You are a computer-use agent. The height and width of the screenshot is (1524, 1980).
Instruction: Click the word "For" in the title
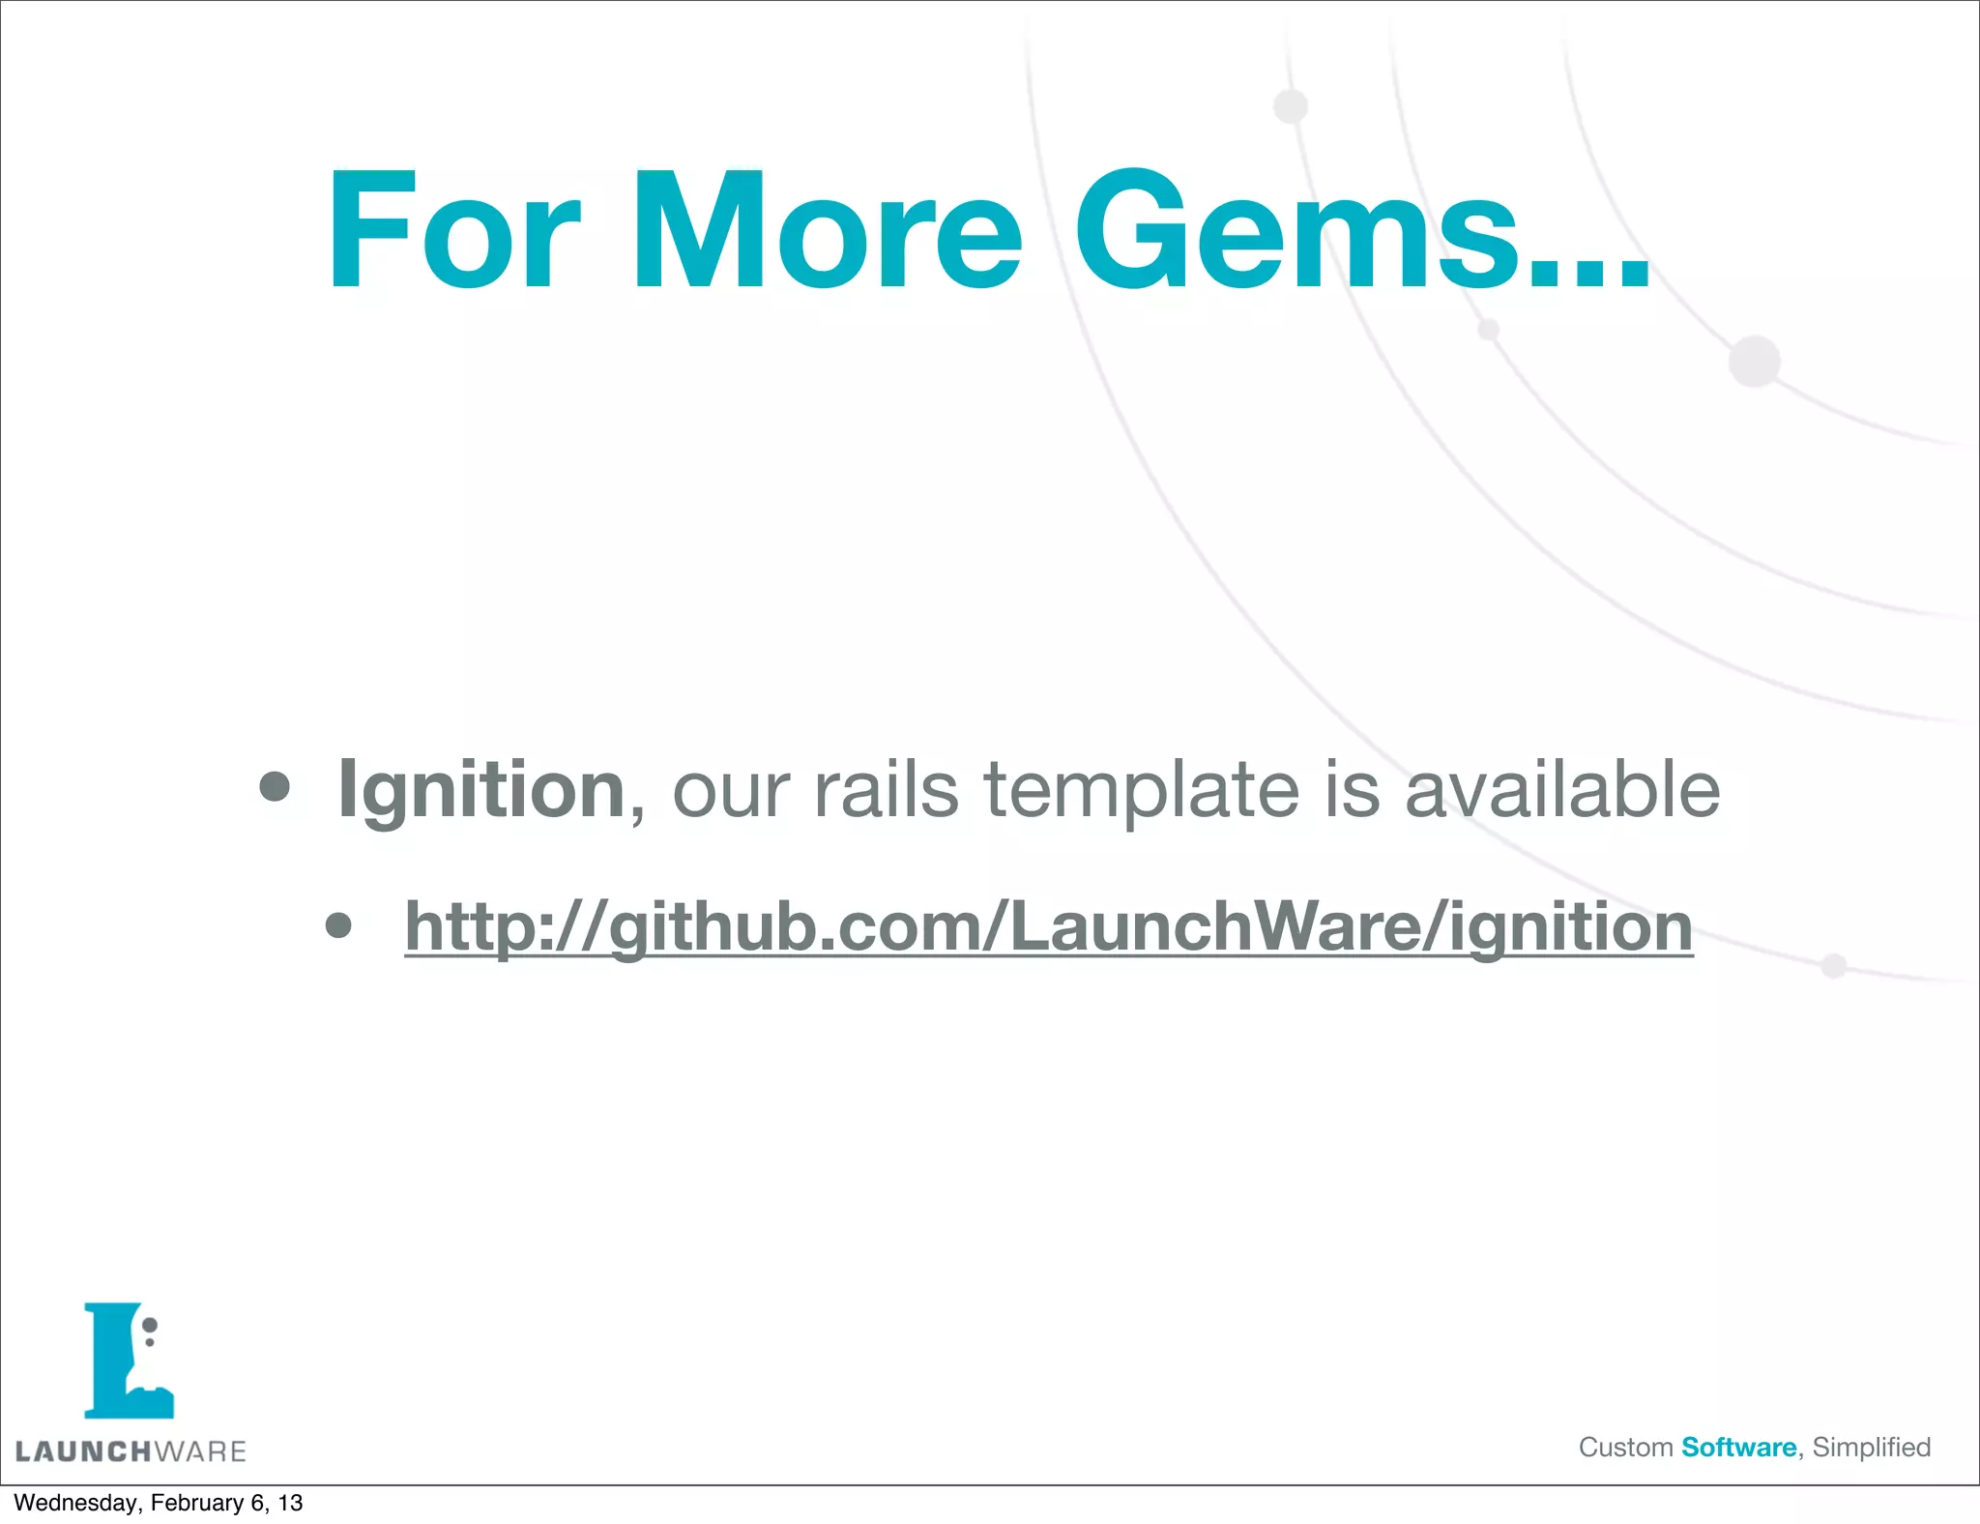pos(453,232)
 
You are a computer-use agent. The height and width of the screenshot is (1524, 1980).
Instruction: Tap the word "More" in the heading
pos(826,232)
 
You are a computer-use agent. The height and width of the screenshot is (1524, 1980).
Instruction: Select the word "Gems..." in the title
pos(1361,232)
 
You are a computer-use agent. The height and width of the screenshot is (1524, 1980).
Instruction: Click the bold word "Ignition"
pos(481,791)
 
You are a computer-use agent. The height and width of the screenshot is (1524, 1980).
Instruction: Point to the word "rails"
pos(887,791)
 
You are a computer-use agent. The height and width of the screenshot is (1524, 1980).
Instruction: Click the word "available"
pos(1561,791)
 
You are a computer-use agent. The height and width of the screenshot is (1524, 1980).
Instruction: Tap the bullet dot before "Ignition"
pos(275,787)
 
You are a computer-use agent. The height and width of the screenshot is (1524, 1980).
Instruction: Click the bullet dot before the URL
pos(338,926)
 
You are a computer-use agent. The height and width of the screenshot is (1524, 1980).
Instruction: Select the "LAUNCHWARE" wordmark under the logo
pos(131,1451)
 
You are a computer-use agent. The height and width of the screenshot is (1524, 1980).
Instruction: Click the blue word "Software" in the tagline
pos(1738,1448)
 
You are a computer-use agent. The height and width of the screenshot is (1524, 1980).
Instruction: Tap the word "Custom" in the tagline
pos(1625,1448)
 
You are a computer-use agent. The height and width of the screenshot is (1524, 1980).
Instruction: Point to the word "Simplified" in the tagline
pos(1871,1448)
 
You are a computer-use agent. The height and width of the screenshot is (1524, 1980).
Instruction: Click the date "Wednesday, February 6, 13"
pos(158,1503)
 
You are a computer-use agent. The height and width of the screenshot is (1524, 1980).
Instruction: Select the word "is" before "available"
pos(1351,791)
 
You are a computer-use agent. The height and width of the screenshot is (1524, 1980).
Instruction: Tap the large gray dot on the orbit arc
pos(1754,362)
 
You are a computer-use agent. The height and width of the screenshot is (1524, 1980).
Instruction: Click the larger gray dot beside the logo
pos(150,1325)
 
